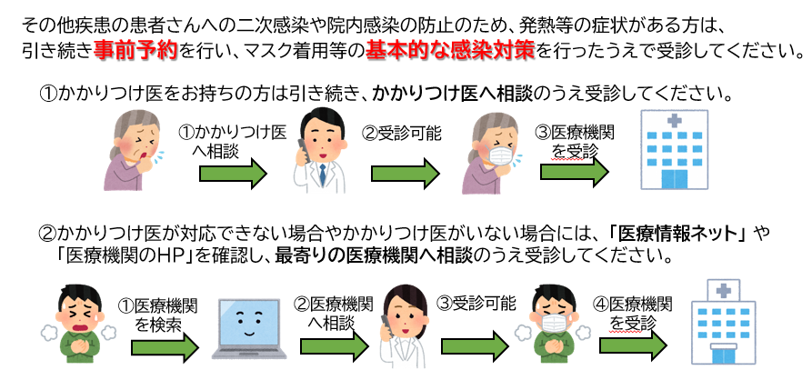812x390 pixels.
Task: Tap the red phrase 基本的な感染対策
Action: [x=429, y=51]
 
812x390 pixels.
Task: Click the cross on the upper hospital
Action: [x=674, y=121]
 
